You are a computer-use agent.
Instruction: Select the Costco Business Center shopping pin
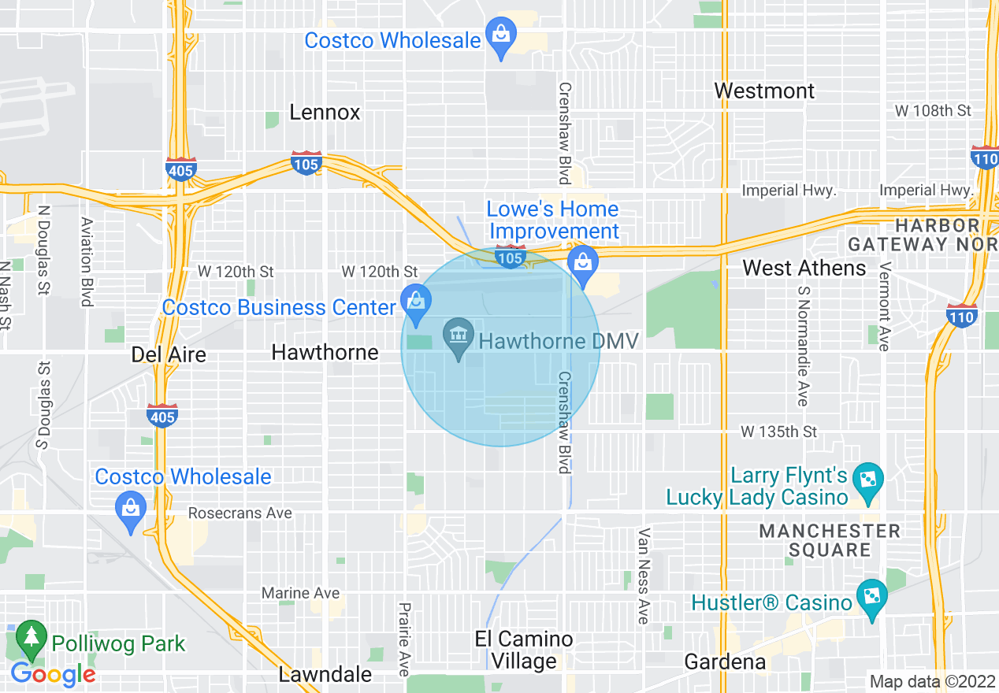[x=414, y=301]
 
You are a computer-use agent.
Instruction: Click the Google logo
[x=53, y=674]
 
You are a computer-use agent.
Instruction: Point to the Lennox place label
[x=325, y=113]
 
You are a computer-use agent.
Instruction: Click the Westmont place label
[x=764, y=91]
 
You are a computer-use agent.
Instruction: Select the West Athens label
[x=804, y=269]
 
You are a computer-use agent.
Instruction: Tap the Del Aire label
[x=169, y=354]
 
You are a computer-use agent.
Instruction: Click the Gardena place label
[x=725, y=662]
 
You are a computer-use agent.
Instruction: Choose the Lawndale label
[x=325, y=674]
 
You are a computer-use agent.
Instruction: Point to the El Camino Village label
[x=525, y=650]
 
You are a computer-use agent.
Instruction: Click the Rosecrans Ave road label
[x=240, y=513]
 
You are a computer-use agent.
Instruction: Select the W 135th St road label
[x=778, y=432]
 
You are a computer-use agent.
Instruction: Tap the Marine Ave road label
[x=300, y=593]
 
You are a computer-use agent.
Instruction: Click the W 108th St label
[x=933, y=111]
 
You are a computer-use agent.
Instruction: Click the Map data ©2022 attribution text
[x=932, y=682]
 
